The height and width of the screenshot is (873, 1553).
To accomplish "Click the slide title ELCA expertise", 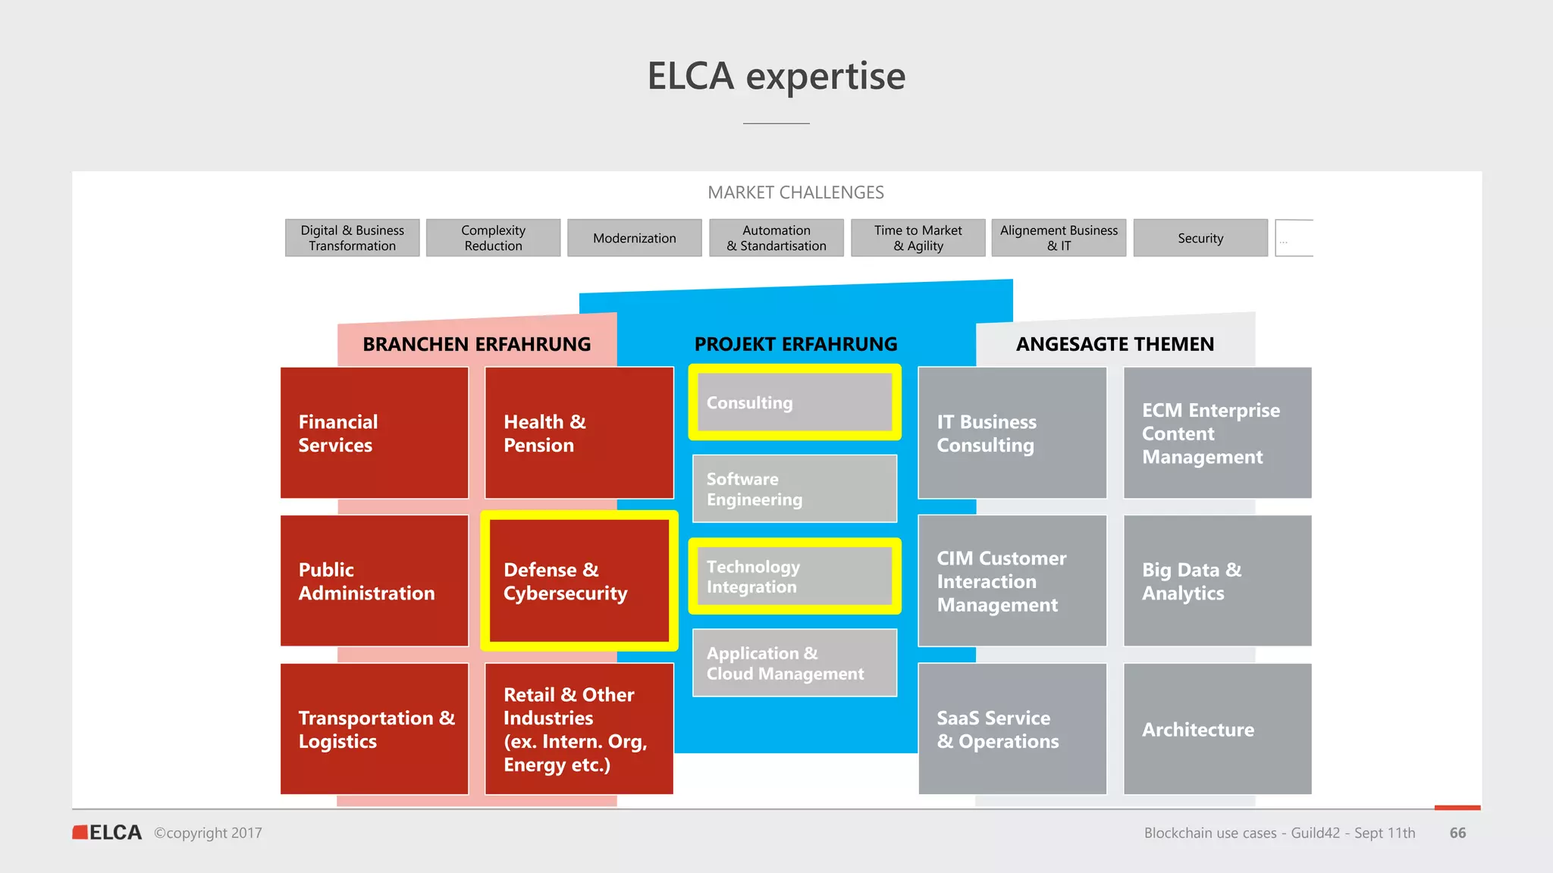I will click(776, 77).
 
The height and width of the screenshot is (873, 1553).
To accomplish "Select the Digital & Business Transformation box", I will click(352, 238).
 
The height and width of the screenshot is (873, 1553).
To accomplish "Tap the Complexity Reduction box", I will click(493, 238).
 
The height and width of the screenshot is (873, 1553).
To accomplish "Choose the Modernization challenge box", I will click(634, 238).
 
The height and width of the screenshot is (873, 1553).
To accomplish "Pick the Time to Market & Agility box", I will click(918, 238).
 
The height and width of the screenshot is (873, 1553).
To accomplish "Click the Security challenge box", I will click(1200, 238).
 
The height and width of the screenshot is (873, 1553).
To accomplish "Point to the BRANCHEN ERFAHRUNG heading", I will click(476, 344).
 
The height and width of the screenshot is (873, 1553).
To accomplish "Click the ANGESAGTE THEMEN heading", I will click(1115, 344).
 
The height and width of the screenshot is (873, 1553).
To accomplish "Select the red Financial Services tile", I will click(375, 433).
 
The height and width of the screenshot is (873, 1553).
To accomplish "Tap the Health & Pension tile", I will click(579, 433).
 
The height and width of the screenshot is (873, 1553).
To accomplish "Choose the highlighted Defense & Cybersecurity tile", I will click(579, 580).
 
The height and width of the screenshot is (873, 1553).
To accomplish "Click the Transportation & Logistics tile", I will click(375, 729).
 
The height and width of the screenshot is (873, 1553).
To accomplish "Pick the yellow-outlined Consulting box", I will click(795, 402).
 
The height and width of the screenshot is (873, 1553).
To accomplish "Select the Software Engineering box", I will click(795, 489).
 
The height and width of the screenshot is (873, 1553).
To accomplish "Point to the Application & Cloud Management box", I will click(795, 663).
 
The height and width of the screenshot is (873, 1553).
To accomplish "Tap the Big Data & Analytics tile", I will click(1217, 580).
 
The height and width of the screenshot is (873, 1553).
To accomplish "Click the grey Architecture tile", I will click(1217, 729).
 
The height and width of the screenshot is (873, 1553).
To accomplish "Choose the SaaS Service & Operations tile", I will click(1012, 729).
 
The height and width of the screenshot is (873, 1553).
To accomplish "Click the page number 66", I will click(1457, 833).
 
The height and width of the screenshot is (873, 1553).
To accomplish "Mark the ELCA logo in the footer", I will click(108, 832).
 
